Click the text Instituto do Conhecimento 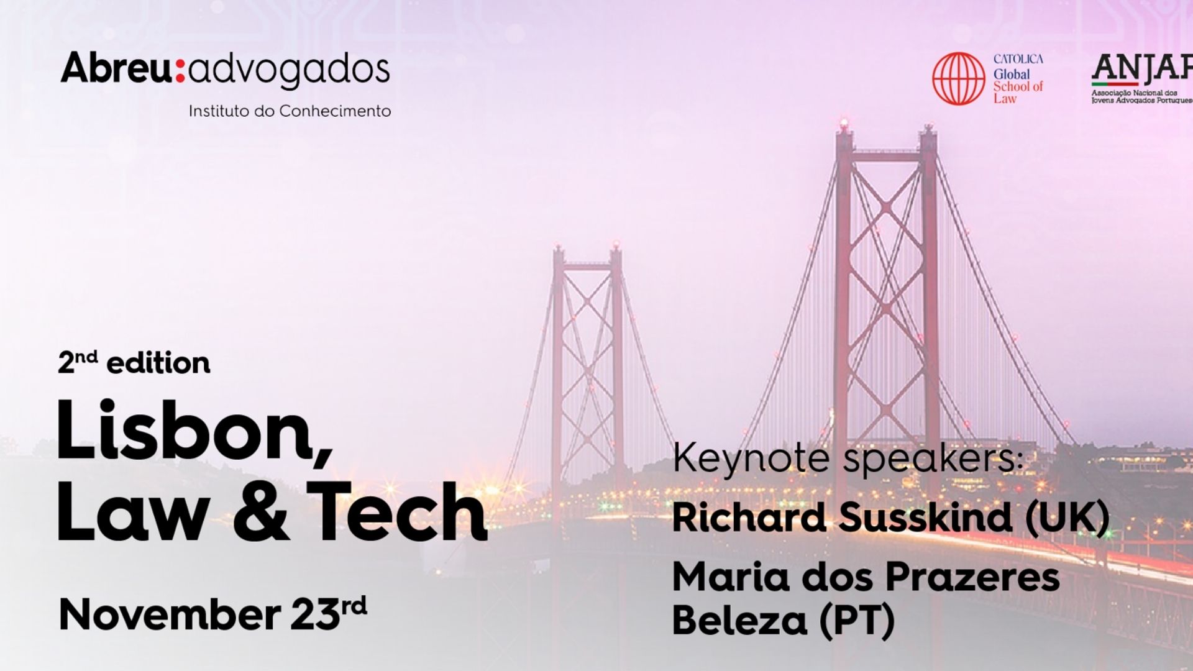(290, 111)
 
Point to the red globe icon (959, 78)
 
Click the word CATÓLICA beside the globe (1018, 59)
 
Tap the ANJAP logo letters (1142, 69)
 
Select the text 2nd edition (134, 363)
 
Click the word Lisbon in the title (186, 431)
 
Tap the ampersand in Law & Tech (261, 511)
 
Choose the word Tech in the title (398, 511)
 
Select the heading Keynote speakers (848, 459)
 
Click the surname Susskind (925, 517)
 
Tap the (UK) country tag (1067, 517)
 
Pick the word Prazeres (972, 577)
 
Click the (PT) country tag (856, 620)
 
